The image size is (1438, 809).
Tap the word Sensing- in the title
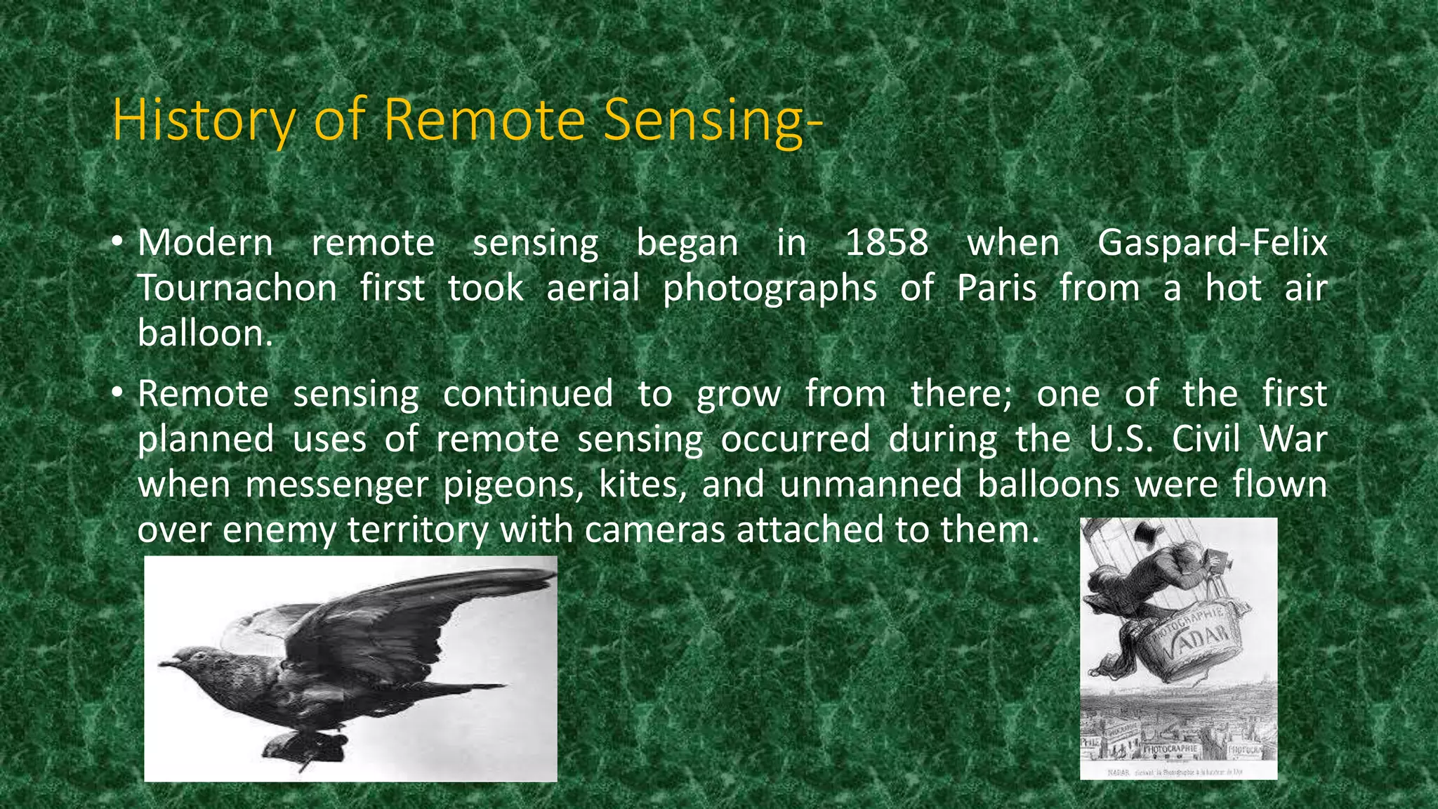click(x=713, y=120)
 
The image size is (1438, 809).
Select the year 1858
click(x=887, y=243)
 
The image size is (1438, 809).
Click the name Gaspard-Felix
click(x=1212, y=243)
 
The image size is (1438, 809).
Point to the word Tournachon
click(x=237, y=289)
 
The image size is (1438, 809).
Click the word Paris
click(x=996, y=289)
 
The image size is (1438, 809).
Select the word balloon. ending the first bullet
click(x=205, y=334)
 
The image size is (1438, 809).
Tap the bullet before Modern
click(x=117, y=243)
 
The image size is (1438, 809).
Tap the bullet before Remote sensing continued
click(x=117, y=393)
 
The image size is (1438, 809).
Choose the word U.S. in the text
click(x=1121, y=440)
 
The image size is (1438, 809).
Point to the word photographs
click(x=770, y=289)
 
